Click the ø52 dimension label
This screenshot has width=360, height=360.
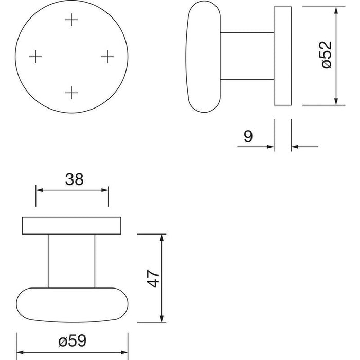327,55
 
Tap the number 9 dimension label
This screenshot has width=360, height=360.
248,136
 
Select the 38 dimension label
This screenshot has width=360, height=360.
74,179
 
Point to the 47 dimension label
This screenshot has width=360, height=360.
153,278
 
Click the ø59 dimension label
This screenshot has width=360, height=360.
73,340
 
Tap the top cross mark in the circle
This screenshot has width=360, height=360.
71,20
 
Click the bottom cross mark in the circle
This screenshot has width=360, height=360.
71,93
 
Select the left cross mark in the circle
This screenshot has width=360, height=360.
35,57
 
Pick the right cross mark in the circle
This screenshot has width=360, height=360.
107,57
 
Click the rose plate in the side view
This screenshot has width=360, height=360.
282,56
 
